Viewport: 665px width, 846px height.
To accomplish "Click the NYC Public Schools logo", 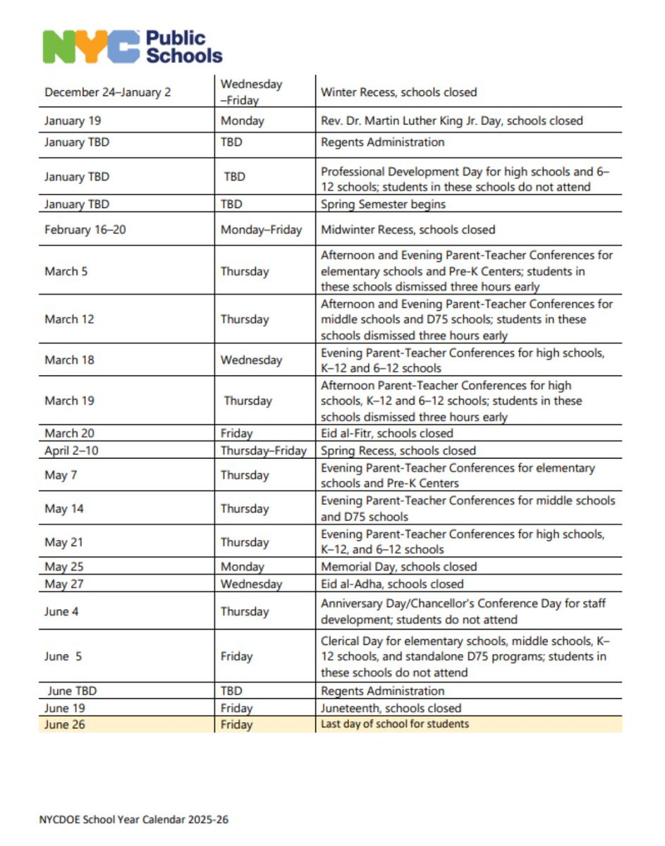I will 133,47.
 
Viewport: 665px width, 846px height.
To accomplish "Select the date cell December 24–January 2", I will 107,92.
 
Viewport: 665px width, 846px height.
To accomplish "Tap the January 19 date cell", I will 73,121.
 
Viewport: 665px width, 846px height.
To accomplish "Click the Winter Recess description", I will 398,92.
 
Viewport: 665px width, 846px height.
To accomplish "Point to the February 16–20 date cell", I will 85,230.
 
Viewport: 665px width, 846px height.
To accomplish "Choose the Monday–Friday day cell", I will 261,230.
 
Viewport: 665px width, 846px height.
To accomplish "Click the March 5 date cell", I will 66,271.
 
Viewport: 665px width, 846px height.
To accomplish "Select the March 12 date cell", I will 69,319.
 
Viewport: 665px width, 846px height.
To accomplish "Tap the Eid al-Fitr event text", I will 386,434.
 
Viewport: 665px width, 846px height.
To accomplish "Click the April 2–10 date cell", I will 71,450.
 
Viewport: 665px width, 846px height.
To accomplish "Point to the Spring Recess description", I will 398,450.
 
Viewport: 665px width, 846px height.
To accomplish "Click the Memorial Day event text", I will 398,567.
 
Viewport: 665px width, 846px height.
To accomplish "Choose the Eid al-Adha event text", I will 392,584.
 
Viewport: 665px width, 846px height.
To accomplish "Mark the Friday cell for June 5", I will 236,656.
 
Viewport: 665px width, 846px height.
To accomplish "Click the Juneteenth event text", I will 391,708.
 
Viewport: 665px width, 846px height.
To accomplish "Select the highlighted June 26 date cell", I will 64,725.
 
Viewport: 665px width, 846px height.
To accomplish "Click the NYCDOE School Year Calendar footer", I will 134,819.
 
